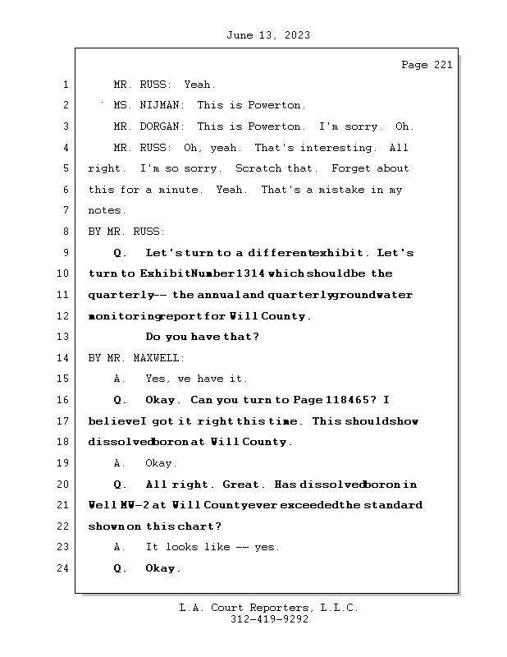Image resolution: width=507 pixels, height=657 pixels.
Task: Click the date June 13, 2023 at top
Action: point(267,35)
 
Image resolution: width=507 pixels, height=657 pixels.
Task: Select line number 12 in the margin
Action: point(65,316)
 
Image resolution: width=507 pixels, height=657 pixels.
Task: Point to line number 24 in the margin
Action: point(65,568)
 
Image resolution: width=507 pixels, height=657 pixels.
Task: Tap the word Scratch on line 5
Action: point(258,169)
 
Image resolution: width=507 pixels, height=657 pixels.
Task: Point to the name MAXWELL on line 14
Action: point(158,358)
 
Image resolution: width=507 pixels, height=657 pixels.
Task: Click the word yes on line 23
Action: point(266,547)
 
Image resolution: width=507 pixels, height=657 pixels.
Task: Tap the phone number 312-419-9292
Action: point(269,620)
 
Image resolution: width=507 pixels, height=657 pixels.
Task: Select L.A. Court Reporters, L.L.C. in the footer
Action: point(269,609)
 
